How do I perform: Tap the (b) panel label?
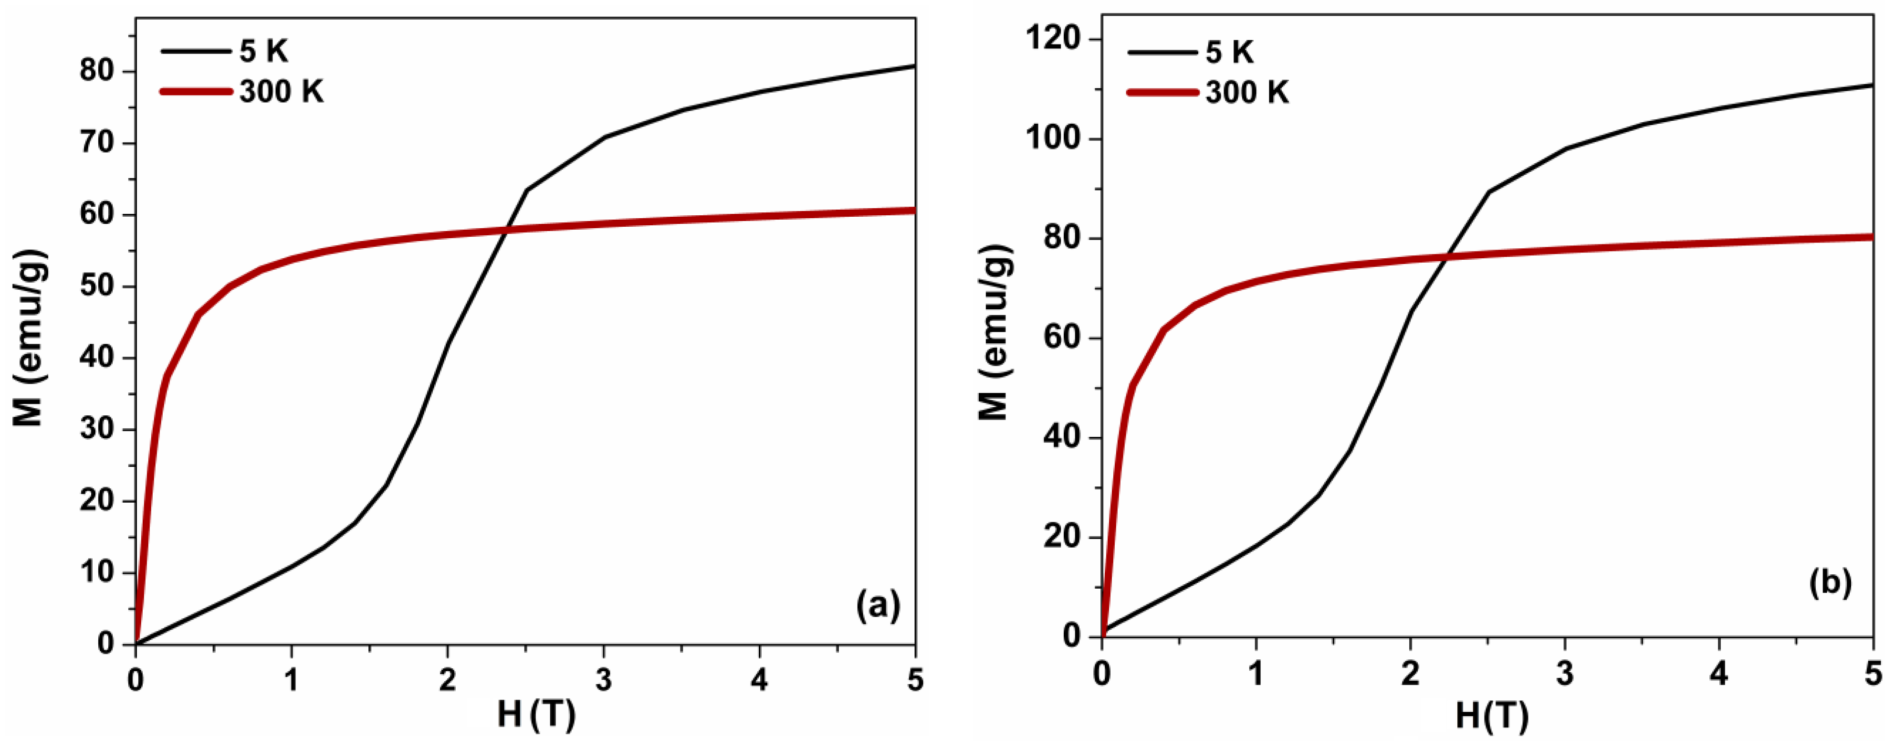click(1830, 583)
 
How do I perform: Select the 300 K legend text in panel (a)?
click(281, 92)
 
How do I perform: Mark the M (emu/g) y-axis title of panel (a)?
click(30, 338)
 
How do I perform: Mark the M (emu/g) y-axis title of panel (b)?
click(995, 333)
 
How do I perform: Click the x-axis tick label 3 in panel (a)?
click(603, 681)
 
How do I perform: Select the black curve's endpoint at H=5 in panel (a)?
click(914, 66)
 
